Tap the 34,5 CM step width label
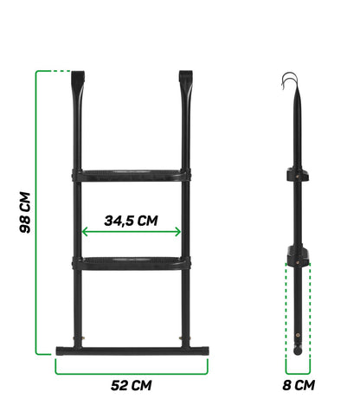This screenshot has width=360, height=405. (x=131, y=221)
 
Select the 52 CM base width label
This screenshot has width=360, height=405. (x=131, y=383)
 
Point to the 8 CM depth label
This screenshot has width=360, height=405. (x=299, y=383)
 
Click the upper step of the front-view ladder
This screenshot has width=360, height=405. (x=131, y=174)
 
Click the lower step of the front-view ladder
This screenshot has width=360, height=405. (x=131, y=262)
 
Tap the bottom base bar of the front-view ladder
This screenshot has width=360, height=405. (x=132, y=350)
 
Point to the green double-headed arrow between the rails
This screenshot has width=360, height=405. (x=131, y=232)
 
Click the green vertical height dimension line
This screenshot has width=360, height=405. (x=36, y=212)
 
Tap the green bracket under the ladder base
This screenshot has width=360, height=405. (x=132, y=369)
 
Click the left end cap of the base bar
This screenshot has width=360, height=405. (x=59, y=351)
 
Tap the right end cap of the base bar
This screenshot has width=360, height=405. (x=205, y=351)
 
